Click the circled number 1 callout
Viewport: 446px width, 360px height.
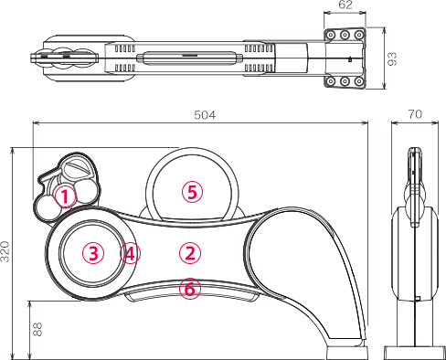click(x=65, y=196)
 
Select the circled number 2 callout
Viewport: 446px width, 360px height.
click(x=190, y=253)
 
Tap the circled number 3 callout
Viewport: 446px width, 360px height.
click(x=93, y=253)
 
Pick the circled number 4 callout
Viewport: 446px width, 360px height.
click(x=130, y=253)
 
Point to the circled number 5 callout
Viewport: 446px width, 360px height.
click(x=192, y=192)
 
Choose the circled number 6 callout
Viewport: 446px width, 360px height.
click(x=190, y=289)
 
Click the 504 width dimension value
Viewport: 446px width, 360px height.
click(x=205, y=115)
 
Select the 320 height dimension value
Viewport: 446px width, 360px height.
click(x=5, y=251)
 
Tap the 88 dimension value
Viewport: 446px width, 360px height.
click(x=37, y=329)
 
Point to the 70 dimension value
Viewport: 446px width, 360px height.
click(x=415, y=114)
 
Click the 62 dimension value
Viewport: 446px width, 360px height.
click(x=345, y=5)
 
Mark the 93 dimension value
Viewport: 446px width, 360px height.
click(x=392, y=58)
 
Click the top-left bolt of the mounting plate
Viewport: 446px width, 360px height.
click(x=330, y=36)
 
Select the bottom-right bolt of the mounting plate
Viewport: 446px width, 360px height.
click(x=359, y=81)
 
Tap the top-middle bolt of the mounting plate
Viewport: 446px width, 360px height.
click(x=345, y=36)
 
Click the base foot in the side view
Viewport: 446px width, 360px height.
click(x=414, y=353)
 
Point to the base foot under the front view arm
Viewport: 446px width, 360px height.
click(x=347, y=353)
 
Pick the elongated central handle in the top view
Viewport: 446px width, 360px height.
click(x=189, y=58)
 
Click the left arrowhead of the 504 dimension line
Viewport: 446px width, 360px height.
click(x=36, y=123)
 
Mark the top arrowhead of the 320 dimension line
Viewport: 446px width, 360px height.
click(x=13, y=151)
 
